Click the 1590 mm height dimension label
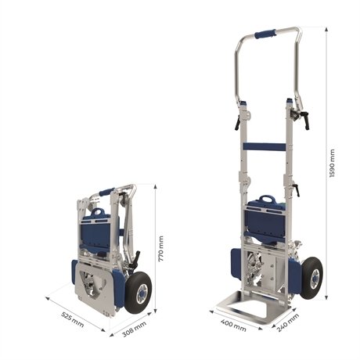point(332,164)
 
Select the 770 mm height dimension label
point(161,249)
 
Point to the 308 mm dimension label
point(134,329)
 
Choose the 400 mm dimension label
point(233,325)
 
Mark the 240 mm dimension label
point(288,322)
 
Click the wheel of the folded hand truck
point(139,292)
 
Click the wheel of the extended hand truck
point(312,277)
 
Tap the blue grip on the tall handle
point(265,34)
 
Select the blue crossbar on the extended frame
point(264,146)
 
